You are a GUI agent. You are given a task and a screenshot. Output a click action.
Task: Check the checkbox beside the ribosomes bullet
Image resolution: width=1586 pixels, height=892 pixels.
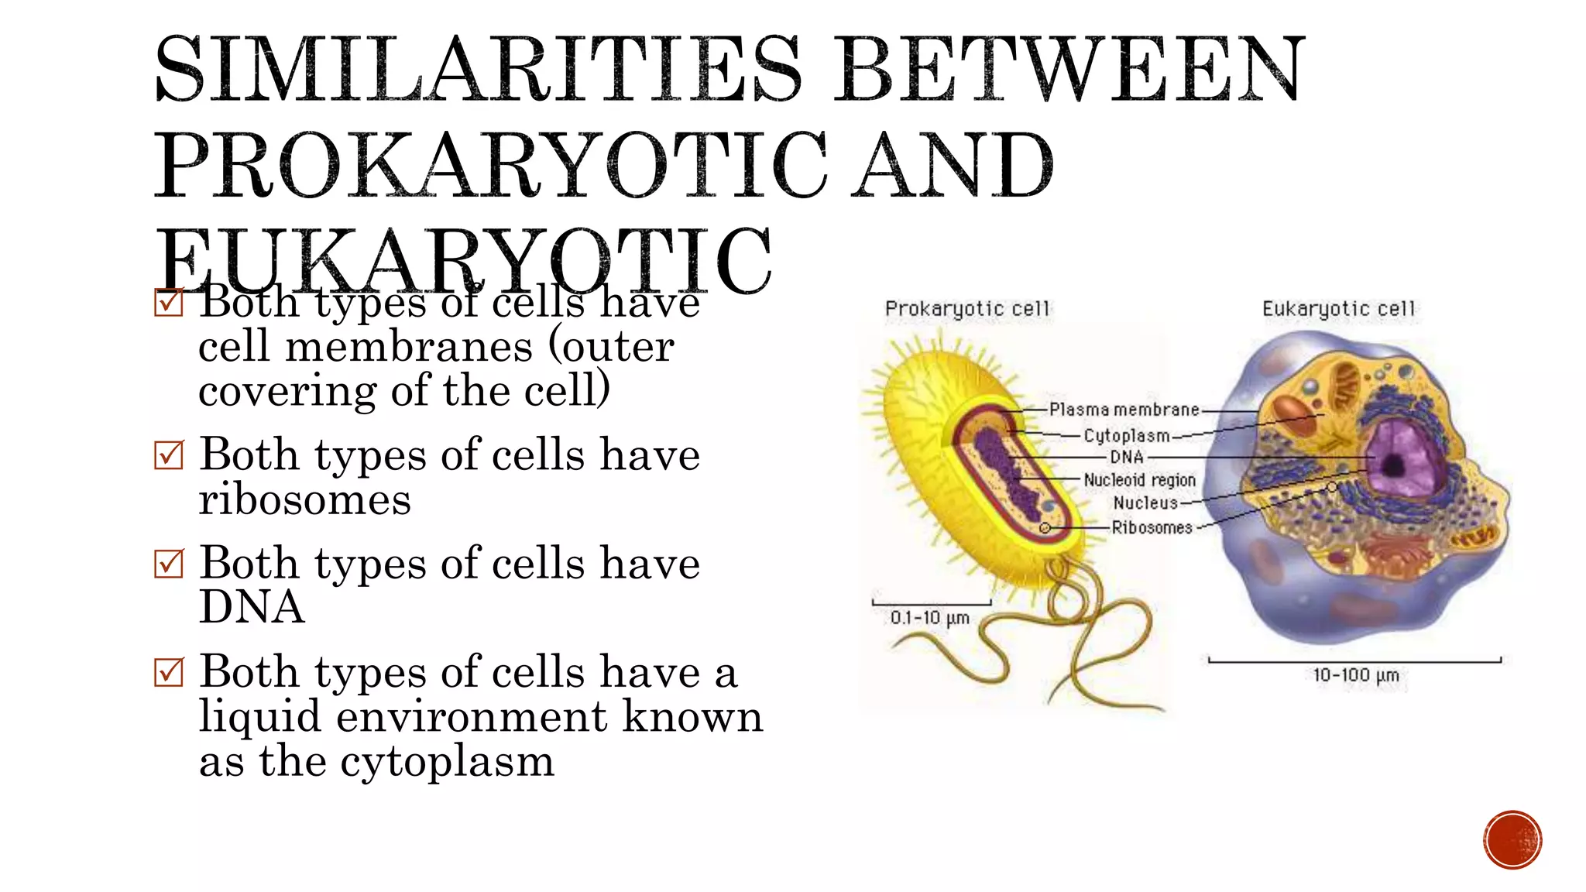pyautogui.click(x=169, y=455)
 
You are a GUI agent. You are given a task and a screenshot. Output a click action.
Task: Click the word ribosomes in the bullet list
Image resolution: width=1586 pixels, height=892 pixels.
pyautogui.click(x=304, y=500)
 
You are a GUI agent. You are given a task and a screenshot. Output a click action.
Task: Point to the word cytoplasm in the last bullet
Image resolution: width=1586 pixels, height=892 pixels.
pyautogui.click(x=447, y=762)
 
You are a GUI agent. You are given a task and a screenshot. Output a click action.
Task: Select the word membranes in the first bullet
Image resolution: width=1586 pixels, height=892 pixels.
pyautogui.click(x=409, y=347)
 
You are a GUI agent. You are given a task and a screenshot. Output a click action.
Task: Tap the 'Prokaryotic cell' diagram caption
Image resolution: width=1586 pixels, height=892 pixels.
pyautogui.click(x=967, y=309)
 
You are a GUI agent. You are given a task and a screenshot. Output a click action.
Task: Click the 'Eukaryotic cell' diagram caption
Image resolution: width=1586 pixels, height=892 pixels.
pyautogui.click(x=1338, y=309)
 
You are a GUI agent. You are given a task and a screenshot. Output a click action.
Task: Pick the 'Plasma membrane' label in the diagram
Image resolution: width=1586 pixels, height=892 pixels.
pyautogui.click(x=1124, y=410)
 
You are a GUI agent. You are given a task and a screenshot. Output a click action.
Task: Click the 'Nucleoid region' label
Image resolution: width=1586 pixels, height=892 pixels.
pyautogui.click(x=1139, y=480)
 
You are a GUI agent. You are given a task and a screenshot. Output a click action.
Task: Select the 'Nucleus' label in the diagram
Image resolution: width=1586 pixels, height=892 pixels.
pyautogui.click(x=1145, y=503)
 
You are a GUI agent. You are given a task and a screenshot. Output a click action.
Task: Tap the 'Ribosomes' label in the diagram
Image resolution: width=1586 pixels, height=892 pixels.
pyautogui.click(x=1152, y=528)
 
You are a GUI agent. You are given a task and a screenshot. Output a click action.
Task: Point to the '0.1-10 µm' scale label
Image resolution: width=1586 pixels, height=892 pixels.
pyautogui.click(x=930, y=618)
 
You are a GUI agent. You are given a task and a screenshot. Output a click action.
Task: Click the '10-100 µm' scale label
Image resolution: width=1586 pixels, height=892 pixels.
pyautogui.click(x=1355, y=675)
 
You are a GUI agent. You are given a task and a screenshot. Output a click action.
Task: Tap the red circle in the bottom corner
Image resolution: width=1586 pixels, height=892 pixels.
pyautogui.click(x=1512, y=840)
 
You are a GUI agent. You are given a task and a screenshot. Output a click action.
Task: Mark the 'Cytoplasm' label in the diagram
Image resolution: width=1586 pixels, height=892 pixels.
pyautogui.click(x=1126, y=436)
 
